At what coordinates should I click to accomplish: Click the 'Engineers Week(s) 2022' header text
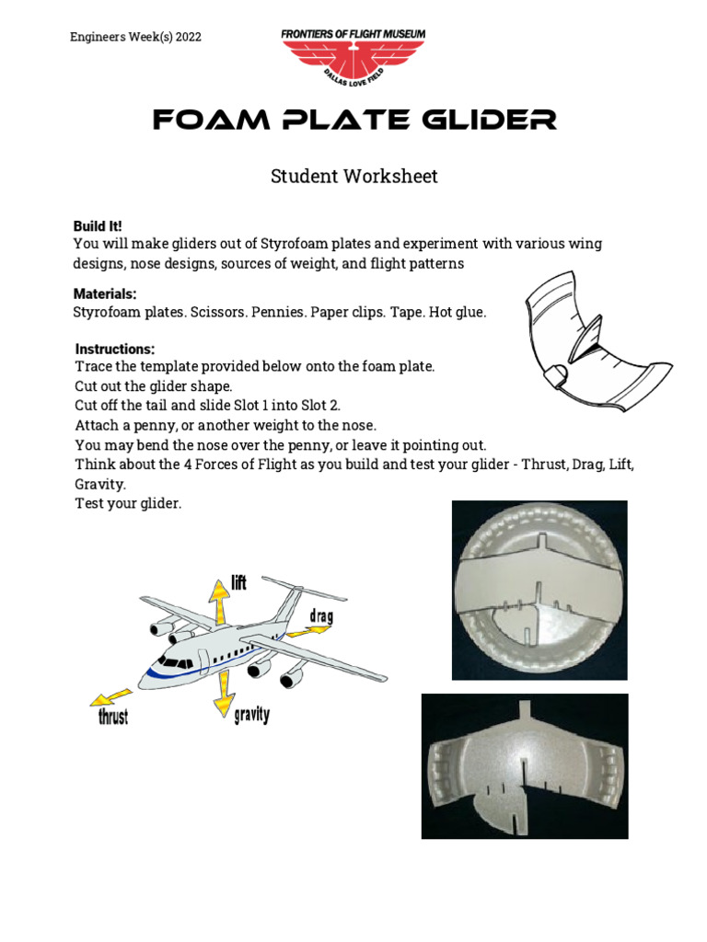(135, 37)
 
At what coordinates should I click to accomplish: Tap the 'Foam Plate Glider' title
(353, 120)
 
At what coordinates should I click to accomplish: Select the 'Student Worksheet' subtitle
(353, 177)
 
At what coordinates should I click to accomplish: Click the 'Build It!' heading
(98, 226)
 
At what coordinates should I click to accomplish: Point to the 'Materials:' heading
(105, 294)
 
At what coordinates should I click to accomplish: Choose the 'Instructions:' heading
(115, 350)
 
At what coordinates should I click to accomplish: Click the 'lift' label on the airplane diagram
(238, 583)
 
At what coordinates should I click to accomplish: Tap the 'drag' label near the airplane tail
(320, 615)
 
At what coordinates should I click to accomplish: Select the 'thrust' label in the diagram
(113, 717)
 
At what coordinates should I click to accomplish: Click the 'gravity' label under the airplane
(251, 715)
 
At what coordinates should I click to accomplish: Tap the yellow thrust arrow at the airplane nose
(110, 695)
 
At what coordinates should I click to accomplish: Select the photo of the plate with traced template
(539, 590)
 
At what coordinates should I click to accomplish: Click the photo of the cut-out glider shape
(524, 766)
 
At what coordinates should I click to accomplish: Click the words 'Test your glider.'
(128, 503)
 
